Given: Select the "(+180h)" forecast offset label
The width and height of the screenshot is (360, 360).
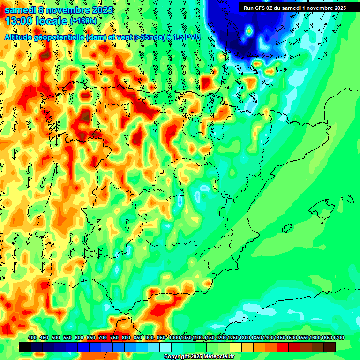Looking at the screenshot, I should tap(83, 21).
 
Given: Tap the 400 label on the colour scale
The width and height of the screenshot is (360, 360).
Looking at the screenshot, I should tap(32, 338).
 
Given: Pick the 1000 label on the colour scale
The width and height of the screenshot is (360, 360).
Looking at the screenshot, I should tap(174, 338).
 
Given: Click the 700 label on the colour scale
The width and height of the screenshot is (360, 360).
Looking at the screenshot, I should tap(102, 338).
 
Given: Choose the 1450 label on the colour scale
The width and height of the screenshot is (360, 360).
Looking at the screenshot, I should tap(280, 338).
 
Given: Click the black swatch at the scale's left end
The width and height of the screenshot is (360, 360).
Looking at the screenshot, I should tap(25, 347).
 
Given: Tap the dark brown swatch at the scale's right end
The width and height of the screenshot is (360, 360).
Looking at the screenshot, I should tap(330, 347).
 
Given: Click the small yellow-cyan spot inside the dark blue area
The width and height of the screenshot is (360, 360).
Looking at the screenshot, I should tap(249, 31).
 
